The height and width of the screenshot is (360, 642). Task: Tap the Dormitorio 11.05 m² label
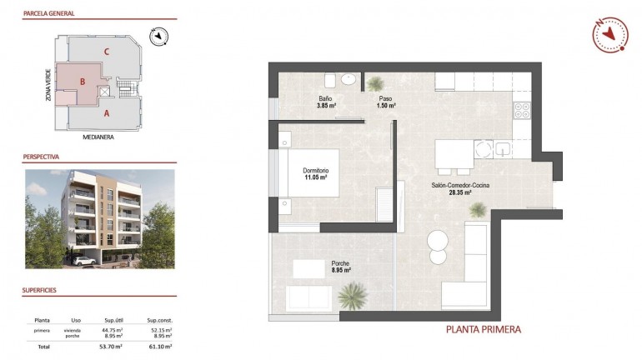pyautogui.click(x=314, y=174)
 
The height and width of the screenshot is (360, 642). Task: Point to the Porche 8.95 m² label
pyautogui.click(x=339, y=267)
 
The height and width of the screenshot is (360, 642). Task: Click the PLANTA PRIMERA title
pyautogui.click(x=484, y=329)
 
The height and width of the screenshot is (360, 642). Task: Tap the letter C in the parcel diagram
pyautogui.click(x=106, y=52)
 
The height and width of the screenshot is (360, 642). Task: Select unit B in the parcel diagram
pyautogui.click(x=83, y=82)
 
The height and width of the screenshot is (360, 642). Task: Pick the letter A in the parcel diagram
pyautogui.click(x=107, y=112)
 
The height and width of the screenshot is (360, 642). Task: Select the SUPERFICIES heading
pyautogui.click(x=41, y=291)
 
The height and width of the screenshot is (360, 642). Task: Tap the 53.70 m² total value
pyautogui.click(x=112, y=346)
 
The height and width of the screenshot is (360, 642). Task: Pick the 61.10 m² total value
pyautogui.click(x=160, y=346)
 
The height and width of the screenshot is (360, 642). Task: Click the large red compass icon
pyautogui.click(x=609, y=33)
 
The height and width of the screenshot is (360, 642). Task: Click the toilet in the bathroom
pyautogui.click(x=329, y=80)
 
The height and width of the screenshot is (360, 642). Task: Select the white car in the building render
pyautogui.click(x=83, y=261)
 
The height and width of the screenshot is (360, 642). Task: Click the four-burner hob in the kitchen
pyautogui.click(x=523, y=111)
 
